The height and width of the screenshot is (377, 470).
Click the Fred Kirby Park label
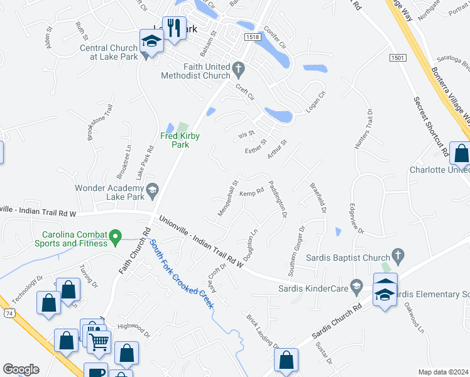click(x=175, y=140)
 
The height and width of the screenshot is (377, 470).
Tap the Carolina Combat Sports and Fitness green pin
click(x=115, y=238)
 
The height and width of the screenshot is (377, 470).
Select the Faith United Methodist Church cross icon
click(x=238, y=67)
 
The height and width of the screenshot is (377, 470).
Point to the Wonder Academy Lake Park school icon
click(x=151, y=189)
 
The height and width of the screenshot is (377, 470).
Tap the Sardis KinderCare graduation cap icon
click(x=356, y=287)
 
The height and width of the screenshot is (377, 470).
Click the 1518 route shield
click(x=253, y=38)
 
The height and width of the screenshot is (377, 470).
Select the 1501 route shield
click(x=397, y=58)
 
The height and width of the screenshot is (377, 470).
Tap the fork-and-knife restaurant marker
click(x=174, y=28)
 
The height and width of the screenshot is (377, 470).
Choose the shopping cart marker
click(x=99, y=342)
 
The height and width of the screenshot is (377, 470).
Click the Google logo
click(x=21, y=369)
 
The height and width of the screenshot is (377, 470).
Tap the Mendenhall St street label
click(x=227, y=199)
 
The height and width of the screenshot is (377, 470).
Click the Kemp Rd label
click(x=251, y=194)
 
